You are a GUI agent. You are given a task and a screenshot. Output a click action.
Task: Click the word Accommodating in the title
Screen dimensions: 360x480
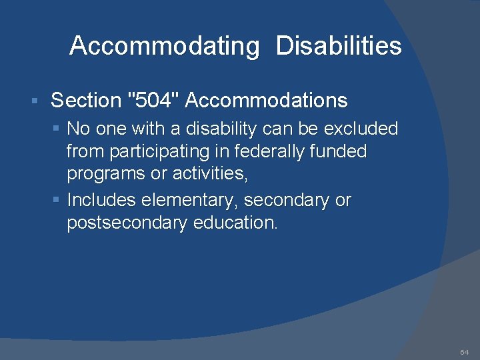click(164, 47)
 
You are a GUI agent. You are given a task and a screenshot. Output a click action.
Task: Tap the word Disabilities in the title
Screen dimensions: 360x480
click(339, 46)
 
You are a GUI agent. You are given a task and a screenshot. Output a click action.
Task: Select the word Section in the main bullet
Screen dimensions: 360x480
click(85, 101)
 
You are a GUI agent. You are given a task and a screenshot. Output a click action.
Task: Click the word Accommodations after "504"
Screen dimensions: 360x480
click(267, 101)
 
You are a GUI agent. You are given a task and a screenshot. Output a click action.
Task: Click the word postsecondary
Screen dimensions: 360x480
click(127, 223)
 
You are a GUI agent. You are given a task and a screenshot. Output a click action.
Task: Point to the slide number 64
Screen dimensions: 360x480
click(465, 351)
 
